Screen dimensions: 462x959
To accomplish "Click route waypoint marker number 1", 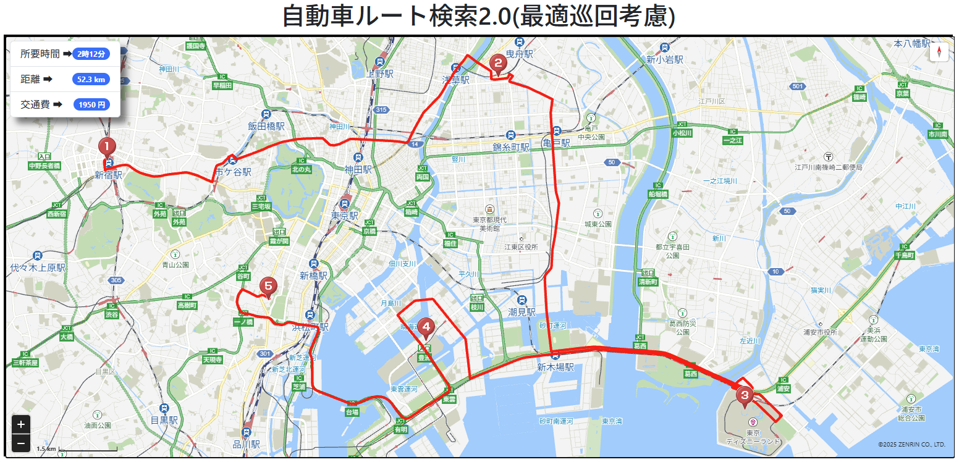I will click(x=108, y=147).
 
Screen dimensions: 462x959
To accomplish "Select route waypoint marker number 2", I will click(x=496, y=63).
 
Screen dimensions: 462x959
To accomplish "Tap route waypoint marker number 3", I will click(x=744, y=395).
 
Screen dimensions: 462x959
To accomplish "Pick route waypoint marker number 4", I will click(x=425, y=327).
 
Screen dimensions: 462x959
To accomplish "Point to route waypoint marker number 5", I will click(x=268, y=286).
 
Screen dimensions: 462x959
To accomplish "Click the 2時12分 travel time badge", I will click(x=91, y=54).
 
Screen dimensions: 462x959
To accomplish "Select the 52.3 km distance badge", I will click(x=91, y=79).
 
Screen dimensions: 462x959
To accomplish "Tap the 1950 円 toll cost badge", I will click(x=91, y=104).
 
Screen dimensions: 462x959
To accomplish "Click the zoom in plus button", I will click(x=21, y=424).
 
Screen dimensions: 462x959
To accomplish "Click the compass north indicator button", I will click(x=939, y=52).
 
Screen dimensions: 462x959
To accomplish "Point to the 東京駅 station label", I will click(x=345, y=216).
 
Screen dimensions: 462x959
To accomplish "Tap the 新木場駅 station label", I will click(x=556, y=367).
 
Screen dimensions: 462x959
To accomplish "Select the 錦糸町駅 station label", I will click(x=511, y=147).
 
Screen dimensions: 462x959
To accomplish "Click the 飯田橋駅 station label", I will click(x=266, y=125).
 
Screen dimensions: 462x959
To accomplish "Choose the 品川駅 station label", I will click(x=247, y=443).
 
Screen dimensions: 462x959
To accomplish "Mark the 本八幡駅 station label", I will click(x=912, y=43).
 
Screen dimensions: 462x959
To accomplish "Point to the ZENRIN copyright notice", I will click(x=911, y=444).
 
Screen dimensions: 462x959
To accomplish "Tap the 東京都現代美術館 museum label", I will click(x=489, y=224).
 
